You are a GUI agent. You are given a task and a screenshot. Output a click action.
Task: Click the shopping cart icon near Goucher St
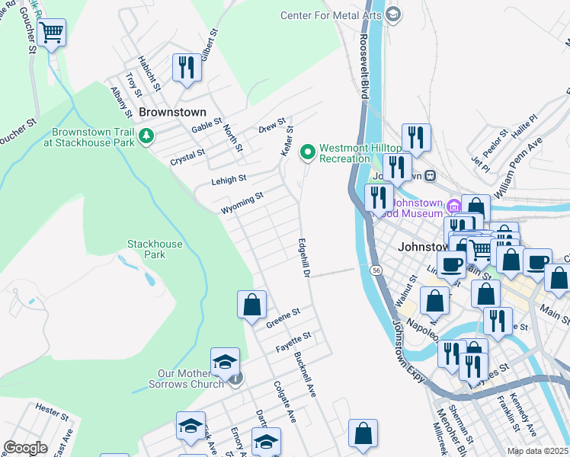[51, 33]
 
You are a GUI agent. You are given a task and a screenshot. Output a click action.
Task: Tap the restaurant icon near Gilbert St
[186, 67]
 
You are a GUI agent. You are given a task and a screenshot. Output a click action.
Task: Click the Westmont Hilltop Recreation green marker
[308, 152]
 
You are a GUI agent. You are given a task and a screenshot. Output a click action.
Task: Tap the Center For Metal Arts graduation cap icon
[393, 14]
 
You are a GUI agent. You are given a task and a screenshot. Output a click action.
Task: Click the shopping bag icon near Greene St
[251, 305]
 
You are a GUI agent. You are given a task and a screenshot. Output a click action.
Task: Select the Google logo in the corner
[25, 447]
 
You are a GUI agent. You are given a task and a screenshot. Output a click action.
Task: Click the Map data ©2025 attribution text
[537, 451]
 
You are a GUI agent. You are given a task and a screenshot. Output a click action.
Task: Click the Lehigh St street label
[229, 180]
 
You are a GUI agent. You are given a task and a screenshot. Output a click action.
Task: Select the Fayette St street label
[293, 341]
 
